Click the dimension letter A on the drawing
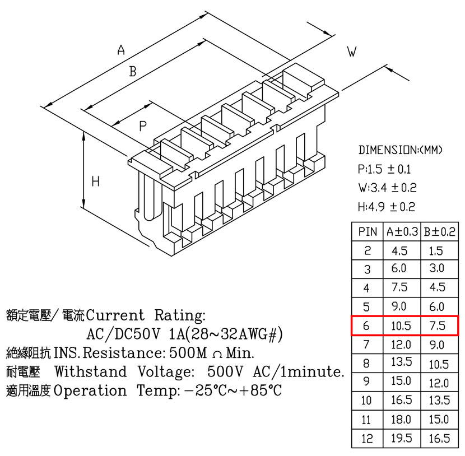click(121, 50)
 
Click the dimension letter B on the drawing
click(133, 72)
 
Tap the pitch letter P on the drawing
click(143, 126)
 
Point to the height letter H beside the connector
click(95, 181)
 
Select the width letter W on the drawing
click(352, 52)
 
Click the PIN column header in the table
click(368, 231)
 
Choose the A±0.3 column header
click(402, 231)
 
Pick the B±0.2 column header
click(439, 231)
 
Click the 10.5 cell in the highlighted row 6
click(401, 326)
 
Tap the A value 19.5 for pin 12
click(402, 438)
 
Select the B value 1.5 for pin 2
click(436, 251)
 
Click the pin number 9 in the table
click(366, 381)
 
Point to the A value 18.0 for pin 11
click(401, 420)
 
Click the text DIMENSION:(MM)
click(401, 150)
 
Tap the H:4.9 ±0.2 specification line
click(387, 207)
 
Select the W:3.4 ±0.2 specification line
click(387, 188)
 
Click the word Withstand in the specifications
click(91, 371)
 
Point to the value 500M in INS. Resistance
click(188, 352)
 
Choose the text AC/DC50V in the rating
click(123, 334)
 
